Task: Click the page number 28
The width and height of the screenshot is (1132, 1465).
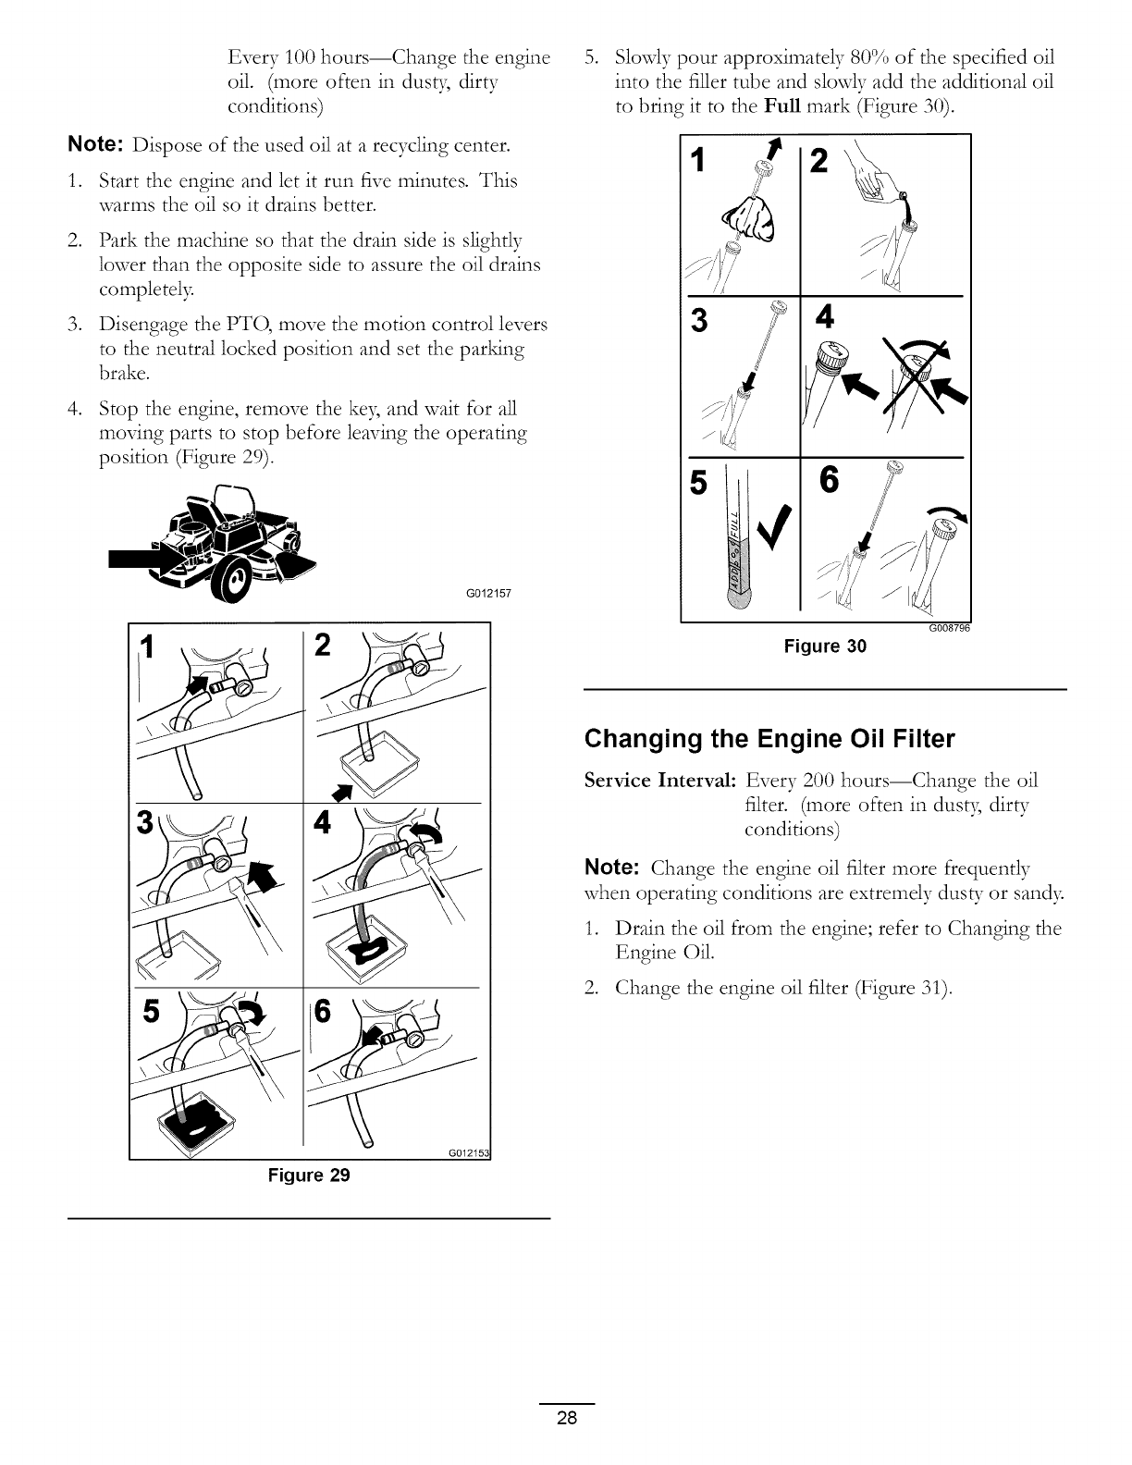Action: click(x=566, y=1419)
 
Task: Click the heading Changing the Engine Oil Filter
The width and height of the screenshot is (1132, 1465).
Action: click(x=769, y=739)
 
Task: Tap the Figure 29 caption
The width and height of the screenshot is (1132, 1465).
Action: click(x=309, y=1176)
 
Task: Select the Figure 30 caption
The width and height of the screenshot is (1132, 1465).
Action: click(x=825, y=646)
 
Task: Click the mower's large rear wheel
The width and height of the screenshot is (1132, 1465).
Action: click(x=236, y=581)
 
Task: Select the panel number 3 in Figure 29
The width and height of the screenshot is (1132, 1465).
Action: click(x=143, y=821)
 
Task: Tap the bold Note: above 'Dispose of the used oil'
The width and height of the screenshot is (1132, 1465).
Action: click(x=97, y=146)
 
